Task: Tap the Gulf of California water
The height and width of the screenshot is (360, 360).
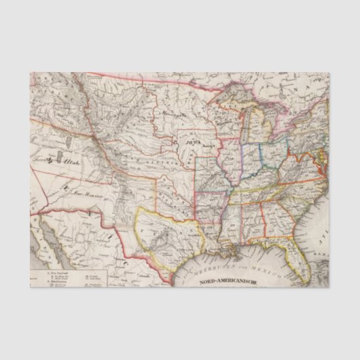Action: coord(54,245)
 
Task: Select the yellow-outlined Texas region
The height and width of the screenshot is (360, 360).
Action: coord(163,228)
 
